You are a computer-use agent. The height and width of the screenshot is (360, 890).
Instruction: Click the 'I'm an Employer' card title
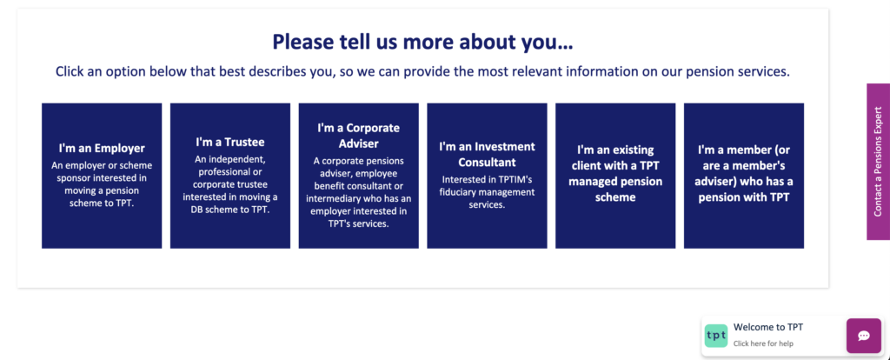(102, 148)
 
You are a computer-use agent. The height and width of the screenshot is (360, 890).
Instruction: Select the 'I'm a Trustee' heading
(230, 141)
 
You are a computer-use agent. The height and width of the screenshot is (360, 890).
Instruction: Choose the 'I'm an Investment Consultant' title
(487, 154)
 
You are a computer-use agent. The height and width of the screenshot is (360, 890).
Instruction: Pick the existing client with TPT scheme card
(615, 174)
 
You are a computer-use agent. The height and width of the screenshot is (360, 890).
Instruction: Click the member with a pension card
(744, 174)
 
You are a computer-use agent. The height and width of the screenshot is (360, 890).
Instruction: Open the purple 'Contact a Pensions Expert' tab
(878, 162)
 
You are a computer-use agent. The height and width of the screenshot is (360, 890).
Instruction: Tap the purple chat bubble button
(864, 336)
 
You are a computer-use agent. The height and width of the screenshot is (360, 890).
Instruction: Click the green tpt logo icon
(716, 335)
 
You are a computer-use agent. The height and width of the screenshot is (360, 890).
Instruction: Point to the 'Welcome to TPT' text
(768, 327)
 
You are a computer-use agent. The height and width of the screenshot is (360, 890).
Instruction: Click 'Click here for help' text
(762, 343)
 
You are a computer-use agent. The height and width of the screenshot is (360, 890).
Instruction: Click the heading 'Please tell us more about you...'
(422, 42)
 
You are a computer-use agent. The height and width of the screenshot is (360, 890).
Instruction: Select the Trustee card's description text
(230, 184)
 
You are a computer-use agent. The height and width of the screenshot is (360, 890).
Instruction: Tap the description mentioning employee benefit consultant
(358, 192)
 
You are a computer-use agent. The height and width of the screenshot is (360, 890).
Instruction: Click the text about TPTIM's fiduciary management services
(487, 192)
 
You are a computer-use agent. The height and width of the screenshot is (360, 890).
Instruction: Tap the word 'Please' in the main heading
(305, 42)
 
